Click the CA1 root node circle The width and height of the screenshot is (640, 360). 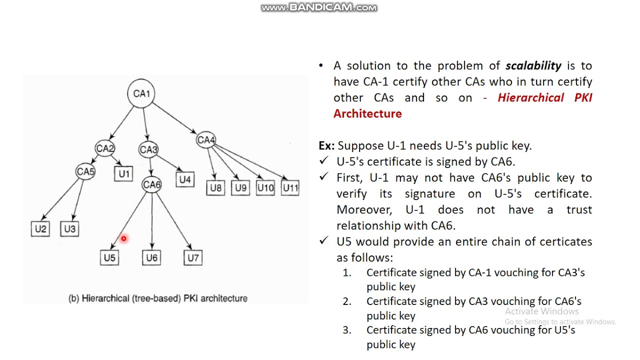141,93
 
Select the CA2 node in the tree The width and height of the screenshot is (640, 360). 105,148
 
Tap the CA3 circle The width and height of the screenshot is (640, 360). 148,149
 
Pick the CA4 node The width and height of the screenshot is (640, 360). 205,140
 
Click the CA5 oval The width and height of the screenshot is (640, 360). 85,172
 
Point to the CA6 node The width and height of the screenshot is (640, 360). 151,184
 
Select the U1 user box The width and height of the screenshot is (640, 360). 123,173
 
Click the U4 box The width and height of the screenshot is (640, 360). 185,179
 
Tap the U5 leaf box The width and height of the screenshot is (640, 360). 109,257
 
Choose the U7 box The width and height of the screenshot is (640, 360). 193,257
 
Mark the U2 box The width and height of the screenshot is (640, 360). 40,228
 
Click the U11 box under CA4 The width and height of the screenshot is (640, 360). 290,188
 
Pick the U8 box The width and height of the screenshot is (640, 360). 215,188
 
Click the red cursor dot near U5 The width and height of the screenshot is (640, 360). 123,239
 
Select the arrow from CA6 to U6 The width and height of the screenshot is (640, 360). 151,220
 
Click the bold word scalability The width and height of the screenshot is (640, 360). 533,66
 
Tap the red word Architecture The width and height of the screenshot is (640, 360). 367,113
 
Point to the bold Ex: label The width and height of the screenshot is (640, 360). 326,145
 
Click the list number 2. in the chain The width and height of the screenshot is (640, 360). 346,301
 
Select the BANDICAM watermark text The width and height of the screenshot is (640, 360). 319,7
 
